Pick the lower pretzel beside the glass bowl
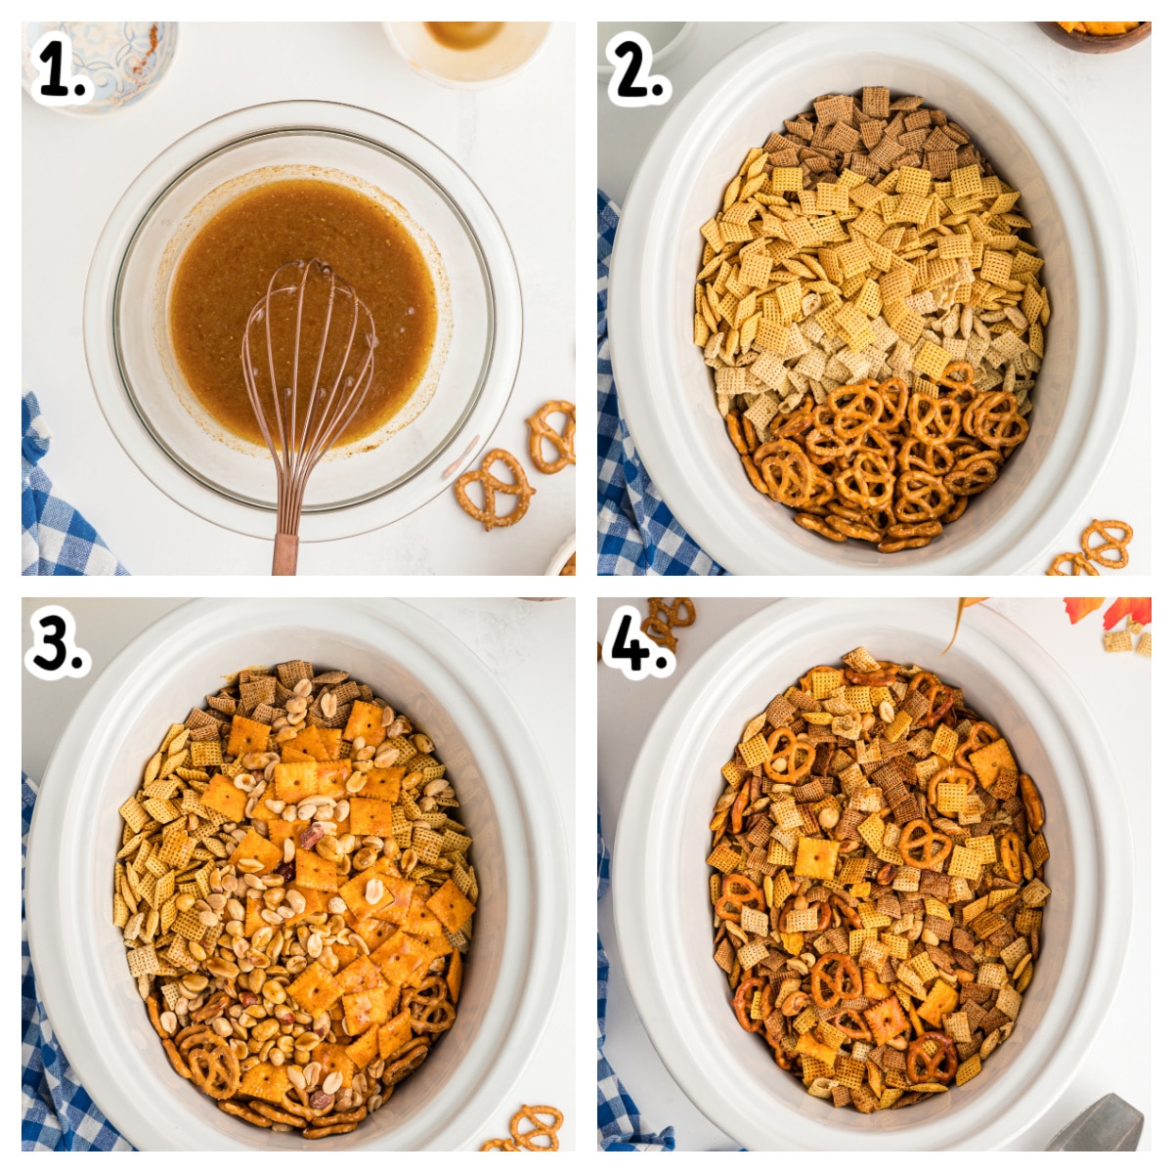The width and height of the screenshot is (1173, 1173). coord(494,487)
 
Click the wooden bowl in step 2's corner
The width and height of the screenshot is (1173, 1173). coord(1095,34)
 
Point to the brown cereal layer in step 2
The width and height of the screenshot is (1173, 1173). coord(870,132)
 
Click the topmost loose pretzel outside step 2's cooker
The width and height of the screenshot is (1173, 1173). coord(1107,543)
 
